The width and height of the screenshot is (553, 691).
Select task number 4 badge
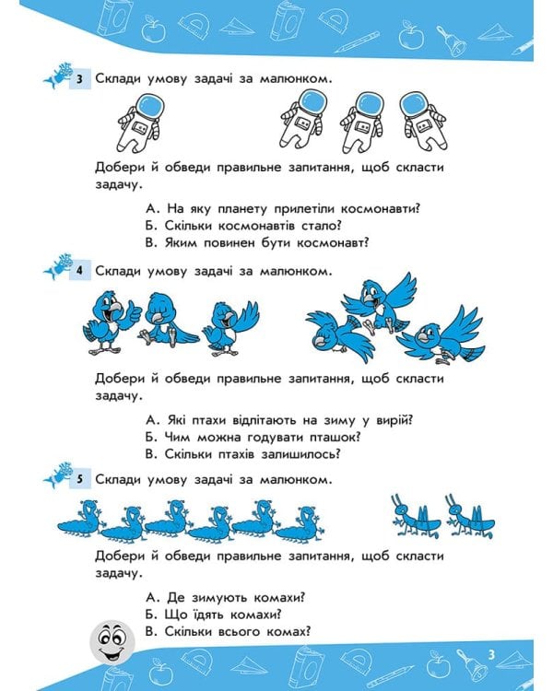tap(81, 272)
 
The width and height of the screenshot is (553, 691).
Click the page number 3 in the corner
tap(493, 653)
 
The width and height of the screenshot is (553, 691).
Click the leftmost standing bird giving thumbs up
tap(108, 320)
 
